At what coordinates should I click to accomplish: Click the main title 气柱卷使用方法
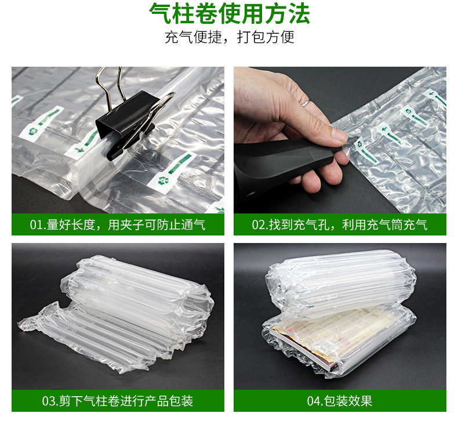(x=229, y=14)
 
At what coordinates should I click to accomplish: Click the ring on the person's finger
(x=306, y=103)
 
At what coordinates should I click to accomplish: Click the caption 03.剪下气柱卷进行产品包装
(x=118, y=401)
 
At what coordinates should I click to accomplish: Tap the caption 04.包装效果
(x=340, y=401)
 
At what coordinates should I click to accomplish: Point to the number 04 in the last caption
(x=314, y=401)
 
